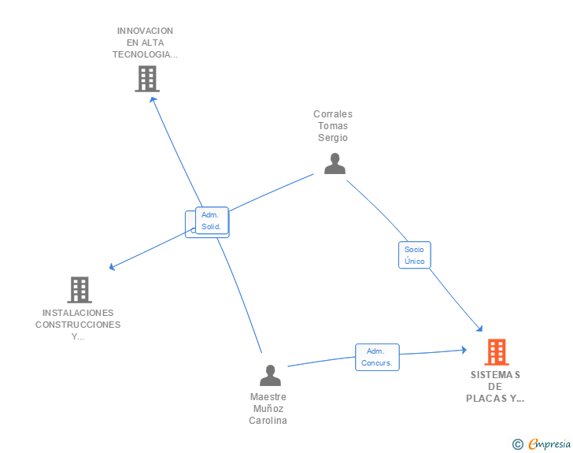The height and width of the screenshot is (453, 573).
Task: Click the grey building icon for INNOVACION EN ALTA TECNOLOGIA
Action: (x=147, y=79)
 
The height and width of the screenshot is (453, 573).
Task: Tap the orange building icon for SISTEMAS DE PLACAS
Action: (x=497, y=352)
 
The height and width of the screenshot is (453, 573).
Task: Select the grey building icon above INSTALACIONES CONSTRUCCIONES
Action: (x=79, y=290)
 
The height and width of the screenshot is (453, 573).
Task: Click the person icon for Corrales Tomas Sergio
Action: (x=335, y=163)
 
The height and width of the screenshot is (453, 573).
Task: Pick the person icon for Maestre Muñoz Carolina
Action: (x=270, y=375)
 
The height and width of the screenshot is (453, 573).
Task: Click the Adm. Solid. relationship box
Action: (x=212, y=221)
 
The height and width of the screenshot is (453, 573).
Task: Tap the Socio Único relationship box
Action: (x=414, y=254)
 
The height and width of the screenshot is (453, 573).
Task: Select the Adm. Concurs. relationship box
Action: (x=377, y=357)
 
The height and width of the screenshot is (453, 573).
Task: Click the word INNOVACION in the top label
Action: (x=145, y=31)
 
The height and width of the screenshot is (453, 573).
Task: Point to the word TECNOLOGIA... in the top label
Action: (x=145, y=54)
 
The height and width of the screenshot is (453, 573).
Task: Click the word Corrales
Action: (x=333, y=114)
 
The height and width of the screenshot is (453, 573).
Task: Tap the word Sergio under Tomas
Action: (x=333, y=138)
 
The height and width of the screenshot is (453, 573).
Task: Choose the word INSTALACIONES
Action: (x=78, y=313)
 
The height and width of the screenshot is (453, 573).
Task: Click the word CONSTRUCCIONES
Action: (x=78, y=325)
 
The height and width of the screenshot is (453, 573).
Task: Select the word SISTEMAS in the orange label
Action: (x=495, y=375)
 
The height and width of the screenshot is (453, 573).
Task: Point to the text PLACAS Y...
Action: (x=495, y=399)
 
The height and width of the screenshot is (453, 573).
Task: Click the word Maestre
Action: (x=268, y=396)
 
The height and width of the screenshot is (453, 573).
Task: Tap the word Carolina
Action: (x=268, y=420)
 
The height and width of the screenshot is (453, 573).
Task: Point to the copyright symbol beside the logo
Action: (x=518, y=444)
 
